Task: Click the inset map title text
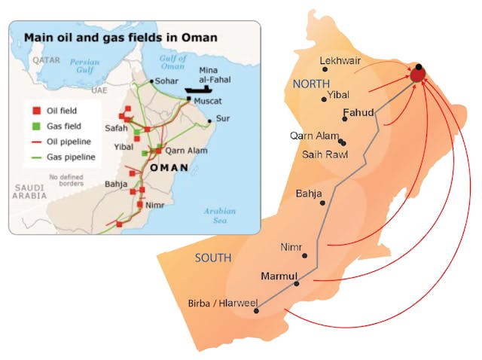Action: tap(120, 36)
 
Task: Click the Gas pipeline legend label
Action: tap(72, 157)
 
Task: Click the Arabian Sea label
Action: tap(219, 215)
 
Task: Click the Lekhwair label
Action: tap(340, 60)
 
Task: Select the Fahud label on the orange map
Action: tap(358, 113)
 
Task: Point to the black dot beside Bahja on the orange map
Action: tap(323, 203)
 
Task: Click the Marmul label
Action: tap(279, 275)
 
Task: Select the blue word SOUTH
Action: tap(212, 258)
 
